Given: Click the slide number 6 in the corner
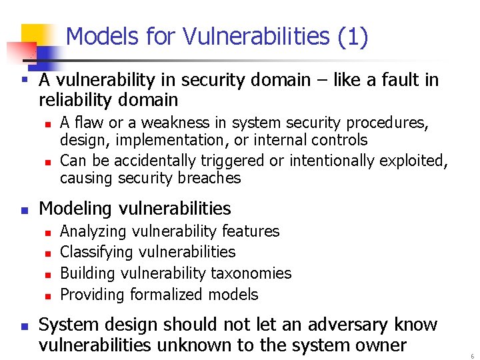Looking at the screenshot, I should (x=472, y=356).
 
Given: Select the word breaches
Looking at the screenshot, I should (x=209, y=178).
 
